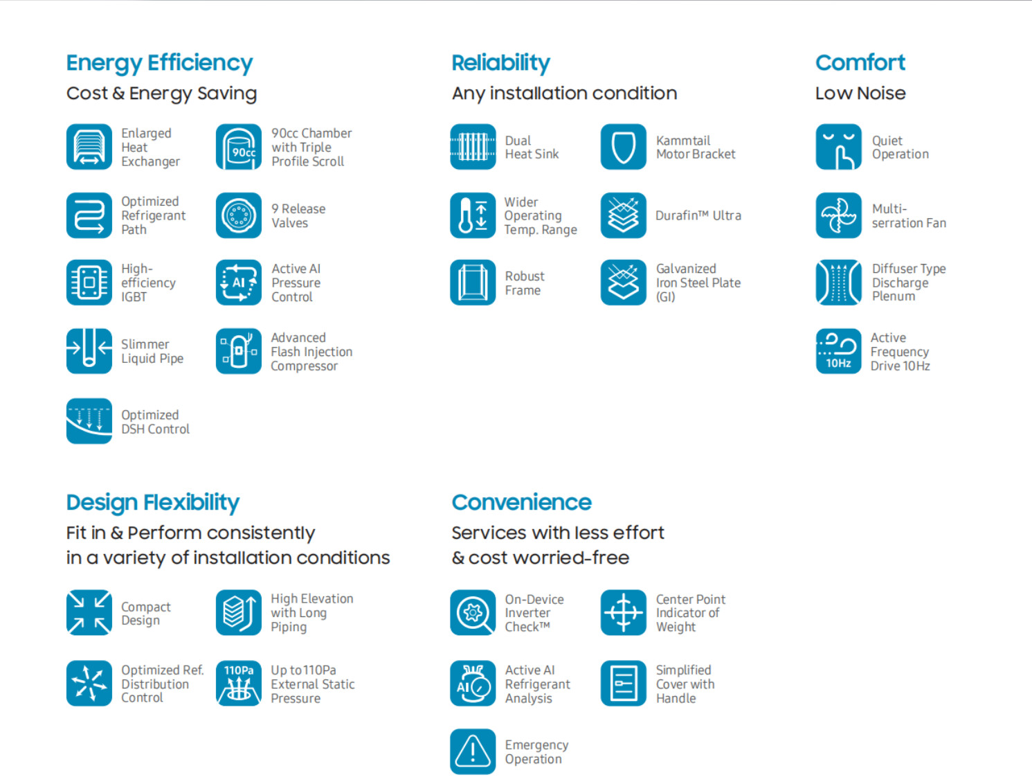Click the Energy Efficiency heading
pos(159,64)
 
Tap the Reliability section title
pos(500,64)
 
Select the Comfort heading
pos(860,62)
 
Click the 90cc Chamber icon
pos(238,147)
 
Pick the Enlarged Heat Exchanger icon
pos(89,147)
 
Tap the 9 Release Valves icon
pos(238,215)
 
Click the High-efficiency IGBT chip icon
pos(89,283)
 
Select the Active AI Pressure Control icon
pos(238,283)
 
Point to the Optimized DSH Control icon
pos(89,421)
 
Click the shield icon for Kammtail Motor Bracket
pos(624,147)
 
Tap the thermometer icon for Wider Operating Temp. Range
pos(473,215)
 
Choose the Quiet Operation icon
pos(838,147)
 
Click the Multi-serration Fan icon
pos(838,215)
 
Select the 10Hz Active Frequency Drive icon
pos(838,351)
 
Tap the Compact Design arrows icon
pos(89,612)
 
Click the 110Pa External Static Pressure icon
pos(238,683)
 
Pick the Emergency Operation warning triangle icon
pos(473,751)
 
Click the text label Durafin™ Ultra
pos(698,215)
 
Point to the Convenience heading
pos(521,502)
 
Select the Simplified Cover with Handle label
pos(685,684)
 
